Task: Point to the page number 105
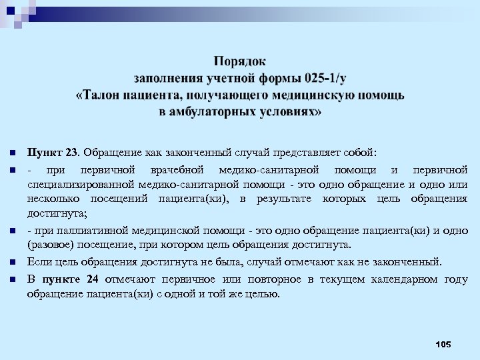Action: pyautogui.click(x=442, y=343)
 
